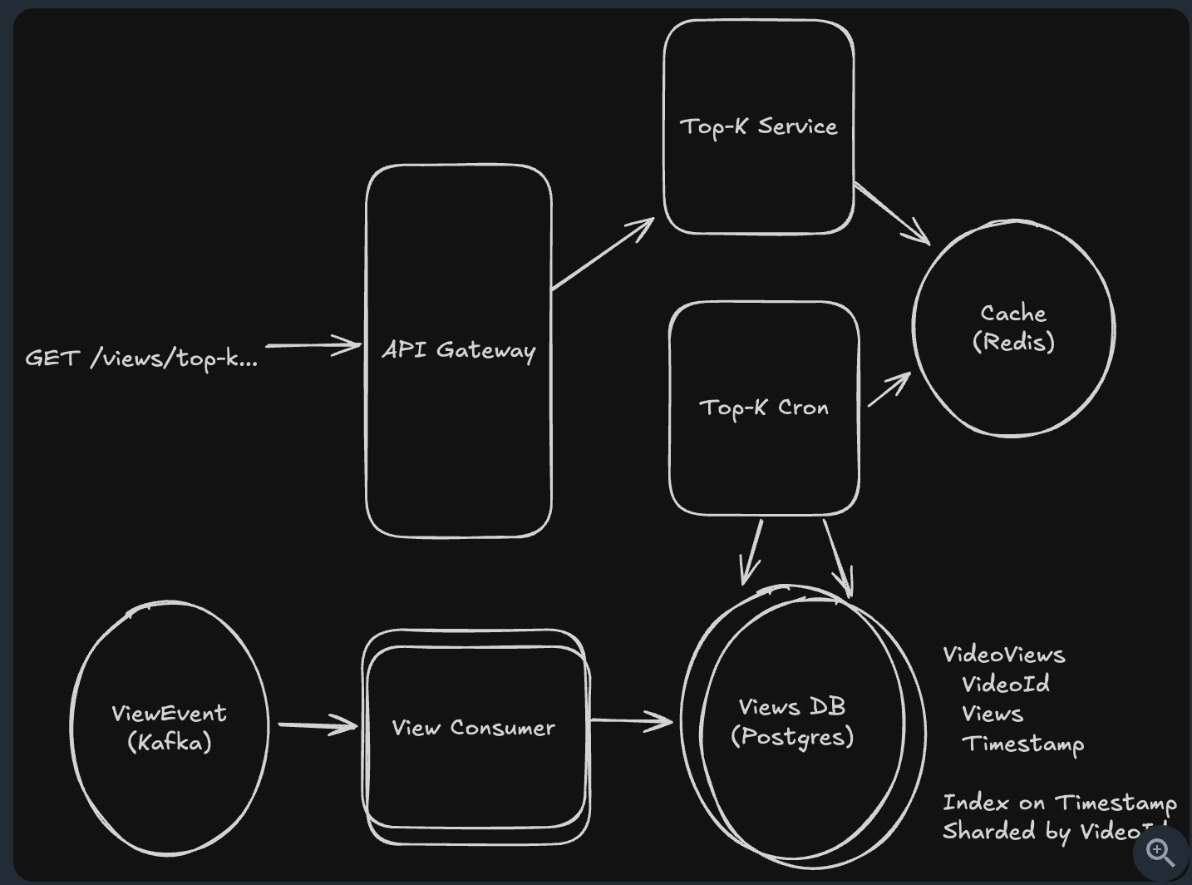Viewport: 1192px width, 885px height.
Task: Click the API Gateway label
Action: [458, 350]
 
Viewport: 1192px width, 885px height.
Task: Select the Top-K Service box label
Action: [758, 126]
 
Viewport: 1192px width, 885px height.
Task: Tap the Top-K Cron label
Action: [764, 408]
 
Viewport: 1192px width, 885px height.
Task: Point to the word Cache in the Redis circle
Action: [1012, 314]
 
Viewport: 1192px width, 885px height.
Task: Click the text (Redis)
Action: [1013, 342]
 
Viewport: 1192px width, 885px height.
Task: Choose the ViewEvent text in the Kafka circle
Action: [169, 713]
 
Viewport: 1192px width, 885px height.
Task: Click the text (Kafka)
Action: [170, 742]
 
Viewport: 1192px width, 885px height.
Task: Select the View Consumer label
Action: [473, 728]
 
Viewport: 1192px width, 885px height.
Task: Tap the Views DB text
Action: [791, 707]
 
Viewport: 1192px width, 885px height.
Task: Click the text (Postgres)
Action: [792, 737]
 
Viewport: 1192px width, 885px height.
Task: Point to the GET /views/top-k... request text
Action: [141, 358]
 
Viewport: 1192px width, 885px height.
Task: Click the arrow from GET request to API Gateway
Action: [313, 345]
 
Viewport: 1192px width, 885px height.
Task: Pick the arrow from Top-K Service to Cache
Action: [892, 214]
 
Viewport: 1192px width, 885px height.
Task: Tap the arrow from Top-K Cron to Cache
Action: [889, 389]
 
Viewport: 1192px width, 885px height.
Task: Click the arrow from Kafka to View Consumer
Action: [318, 725]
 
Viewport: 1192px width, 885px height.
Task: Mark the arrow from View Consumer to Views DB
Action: [631, 720]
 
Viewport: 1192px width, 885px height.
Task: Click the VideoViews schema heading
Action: [1003, 655]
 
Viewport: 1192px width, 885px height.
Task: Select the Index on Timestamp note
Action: [1059, 803]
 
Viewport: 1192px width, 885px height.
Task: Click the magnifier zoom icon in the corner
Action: [1160, 853]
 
